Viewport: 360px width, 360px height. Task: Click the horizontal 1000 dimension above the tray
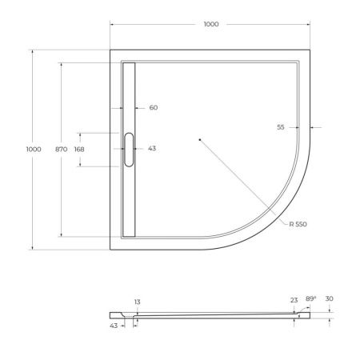coord(210,25)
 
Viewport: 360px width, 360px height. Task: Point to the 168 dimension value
coord(79,149)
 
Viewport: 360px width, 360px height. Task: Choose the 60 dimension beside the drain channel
coord(154,107)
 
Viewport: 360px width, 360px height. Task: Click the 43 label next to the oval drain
coord(152,149)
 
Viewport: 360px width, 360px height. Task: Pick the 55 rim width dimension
coord(281,127)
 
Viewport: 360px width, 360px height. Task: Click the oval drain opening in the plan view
coord(129,149)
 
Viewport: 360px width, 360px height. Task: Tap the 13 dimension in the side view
coord(138,302)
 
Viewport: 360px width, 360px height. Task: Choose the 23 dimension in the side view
coord(294,300)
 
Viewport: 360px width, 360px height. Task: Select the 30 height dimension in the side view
coord(330,299)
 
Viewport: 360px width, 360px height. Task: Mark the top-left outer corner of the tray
coord(110,50)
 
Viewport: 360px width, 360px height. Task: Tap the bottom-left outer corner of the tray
coord(110,249)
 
